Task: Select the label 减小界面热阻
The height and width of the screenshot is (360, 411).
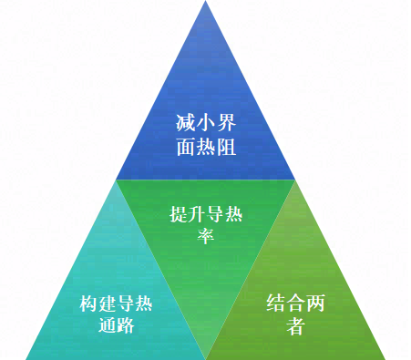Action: pos(205,135)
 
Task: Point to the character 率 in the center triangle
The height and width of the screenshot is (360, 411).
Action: pos(205,238)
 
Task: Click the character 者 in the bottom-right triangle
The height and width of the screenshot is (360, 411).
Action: pos(295,326)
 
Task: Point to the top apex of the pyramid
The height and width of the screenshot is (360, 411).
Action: pos(205,3)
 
